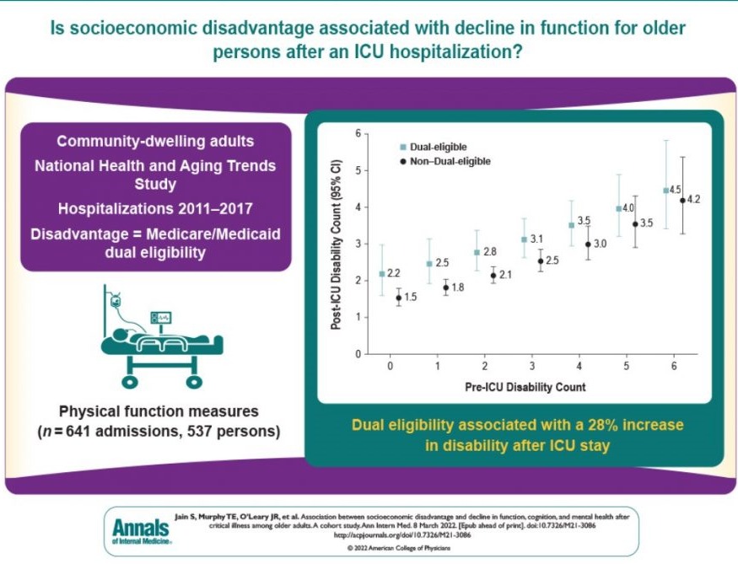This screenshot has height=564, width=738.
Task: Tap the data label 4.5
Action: [676, 190]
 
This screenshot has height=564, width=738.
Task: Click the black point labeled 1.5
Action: [399, 298]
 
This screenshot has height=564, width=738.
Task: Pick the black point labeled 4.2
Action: [682, 201]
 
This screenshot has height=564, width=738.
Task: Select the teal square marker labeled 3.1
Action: [525, 239]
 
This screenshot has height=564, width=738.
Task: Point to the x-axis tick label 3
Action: [531, 368]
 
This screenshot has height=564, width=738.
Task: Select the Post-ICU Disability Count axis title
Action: [336, 244]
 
